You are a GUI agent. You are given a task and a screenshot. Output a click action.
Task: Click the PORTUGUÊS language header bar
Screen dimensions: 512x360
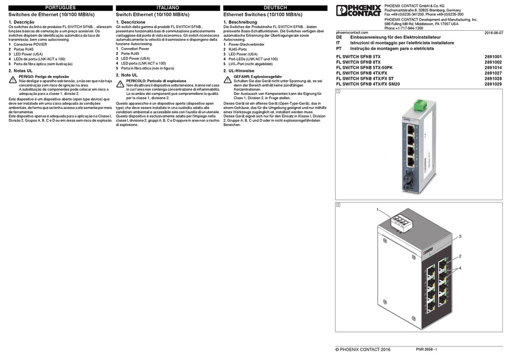point(60,9)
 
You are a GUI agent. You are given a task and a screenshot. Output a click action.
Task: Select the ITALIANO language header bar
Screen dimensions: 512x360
point(167,9)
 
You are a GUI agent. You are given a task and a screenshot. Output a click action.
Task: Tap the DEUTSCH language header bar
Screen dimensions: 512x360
point(274,9)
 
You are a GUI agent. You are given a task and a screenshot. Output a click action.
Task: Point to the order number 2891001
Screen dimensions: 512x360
point(493,57)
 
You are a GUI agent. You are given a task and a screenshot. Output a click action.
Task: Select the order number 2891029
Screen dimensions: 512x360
point(493,84)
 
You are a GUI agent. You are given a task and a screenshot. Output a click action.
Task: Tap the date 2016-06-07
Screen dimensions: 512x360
point(493,33)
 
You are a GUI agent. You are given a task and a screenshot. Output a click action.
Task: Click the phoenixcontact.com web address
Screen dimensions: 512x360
point(352,33)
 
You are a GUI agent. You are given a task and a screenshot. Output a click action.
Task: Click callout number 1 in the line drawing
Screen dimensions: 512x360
point(378,209)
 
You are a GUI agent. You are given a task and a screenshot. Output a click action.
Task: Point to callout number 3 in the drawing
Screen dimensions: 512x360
point(460,237)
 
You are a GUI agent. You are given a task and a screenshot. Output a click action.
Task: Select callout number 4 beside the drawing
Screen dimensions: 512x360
point(460,267)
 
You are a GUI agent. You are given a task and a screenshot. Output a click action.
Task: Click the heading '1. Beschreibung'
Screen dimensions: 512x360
point(240,22)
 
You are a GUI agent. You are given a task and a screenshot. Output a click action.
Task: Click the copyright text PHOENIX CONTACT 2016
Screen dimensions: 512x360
point(363,350)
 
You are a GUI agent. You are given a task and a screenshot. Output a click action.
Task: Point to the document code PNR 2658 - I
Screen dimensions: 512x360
point(426,350)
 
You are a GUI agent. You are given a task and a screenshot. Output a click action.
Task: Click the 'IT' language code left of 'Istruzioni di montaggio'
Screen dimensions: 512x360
point(338,43)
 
